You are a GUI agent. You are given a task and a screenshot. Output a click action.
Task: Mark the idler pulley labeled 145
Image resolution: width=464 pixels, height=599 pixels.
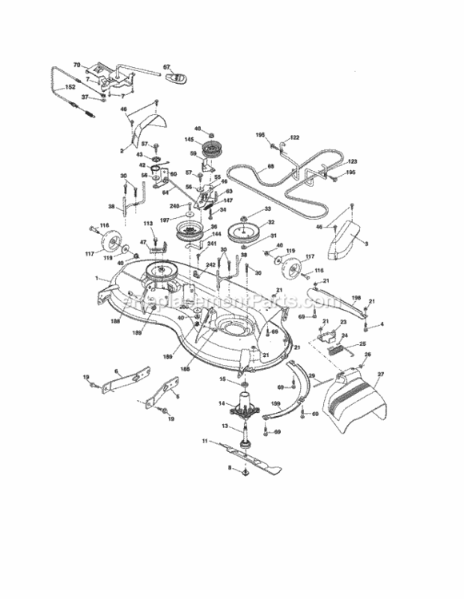click(213, 147)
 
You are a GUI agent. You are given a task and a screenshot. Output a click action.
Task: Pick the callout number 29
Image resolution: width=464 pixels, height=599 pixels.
click(311, 374)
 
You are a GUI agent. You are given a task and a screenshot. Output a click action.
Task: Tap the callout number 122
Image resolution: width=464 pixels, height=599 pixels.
click(294, 137)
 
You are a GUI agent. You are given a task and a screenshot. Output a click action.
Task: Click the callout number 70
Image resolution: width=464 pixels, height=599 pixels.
click(77, 64)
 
